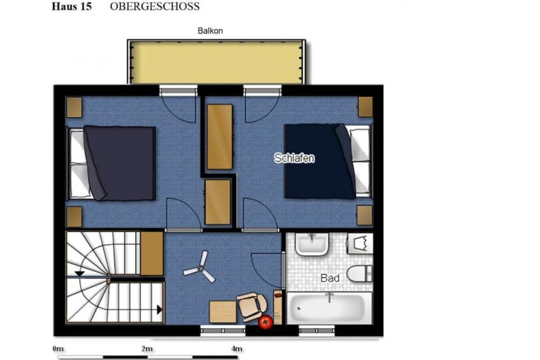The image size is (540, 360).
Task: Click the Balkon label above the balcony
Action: point(210,31)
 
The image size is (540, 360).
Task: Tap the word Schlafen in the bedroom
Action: point(294,158)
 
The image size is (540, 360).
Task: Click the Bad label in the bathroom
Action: point(330,278)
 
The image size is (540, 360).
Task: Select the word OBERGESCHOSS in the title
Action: point(155,6)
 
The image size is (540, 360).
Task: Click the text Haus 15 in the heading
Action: point(71,6)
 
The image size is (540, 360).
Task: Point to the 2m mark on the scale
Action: point(147,349)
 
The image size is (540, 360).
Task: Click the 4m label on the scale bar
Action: point(237,349)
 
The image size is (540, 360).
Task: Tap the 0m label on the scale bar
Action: point(58,349)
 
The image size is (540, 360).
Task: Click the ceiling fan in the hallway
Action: point(200,268)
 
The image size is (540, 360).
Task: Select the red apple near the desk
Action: point(266,322)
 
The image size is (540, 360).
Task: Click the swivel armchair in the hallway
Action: point(252,306)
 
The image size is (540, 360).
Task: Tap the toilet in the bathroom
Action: point(360,274)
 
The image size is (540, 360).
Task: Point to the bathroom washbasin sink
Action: point(311,244)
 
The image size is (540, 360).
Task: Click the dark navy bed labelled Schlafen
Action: point(327,161)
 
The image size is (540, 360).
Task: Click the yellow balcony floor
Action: point(217,63)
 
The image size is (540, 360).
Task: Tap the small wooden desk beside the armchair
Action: point(223,312)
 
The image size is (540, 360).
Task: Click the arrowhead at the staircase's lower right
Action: point(159,310)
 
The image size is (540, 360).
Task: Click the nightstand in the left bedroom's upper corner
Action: point(74,108)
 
